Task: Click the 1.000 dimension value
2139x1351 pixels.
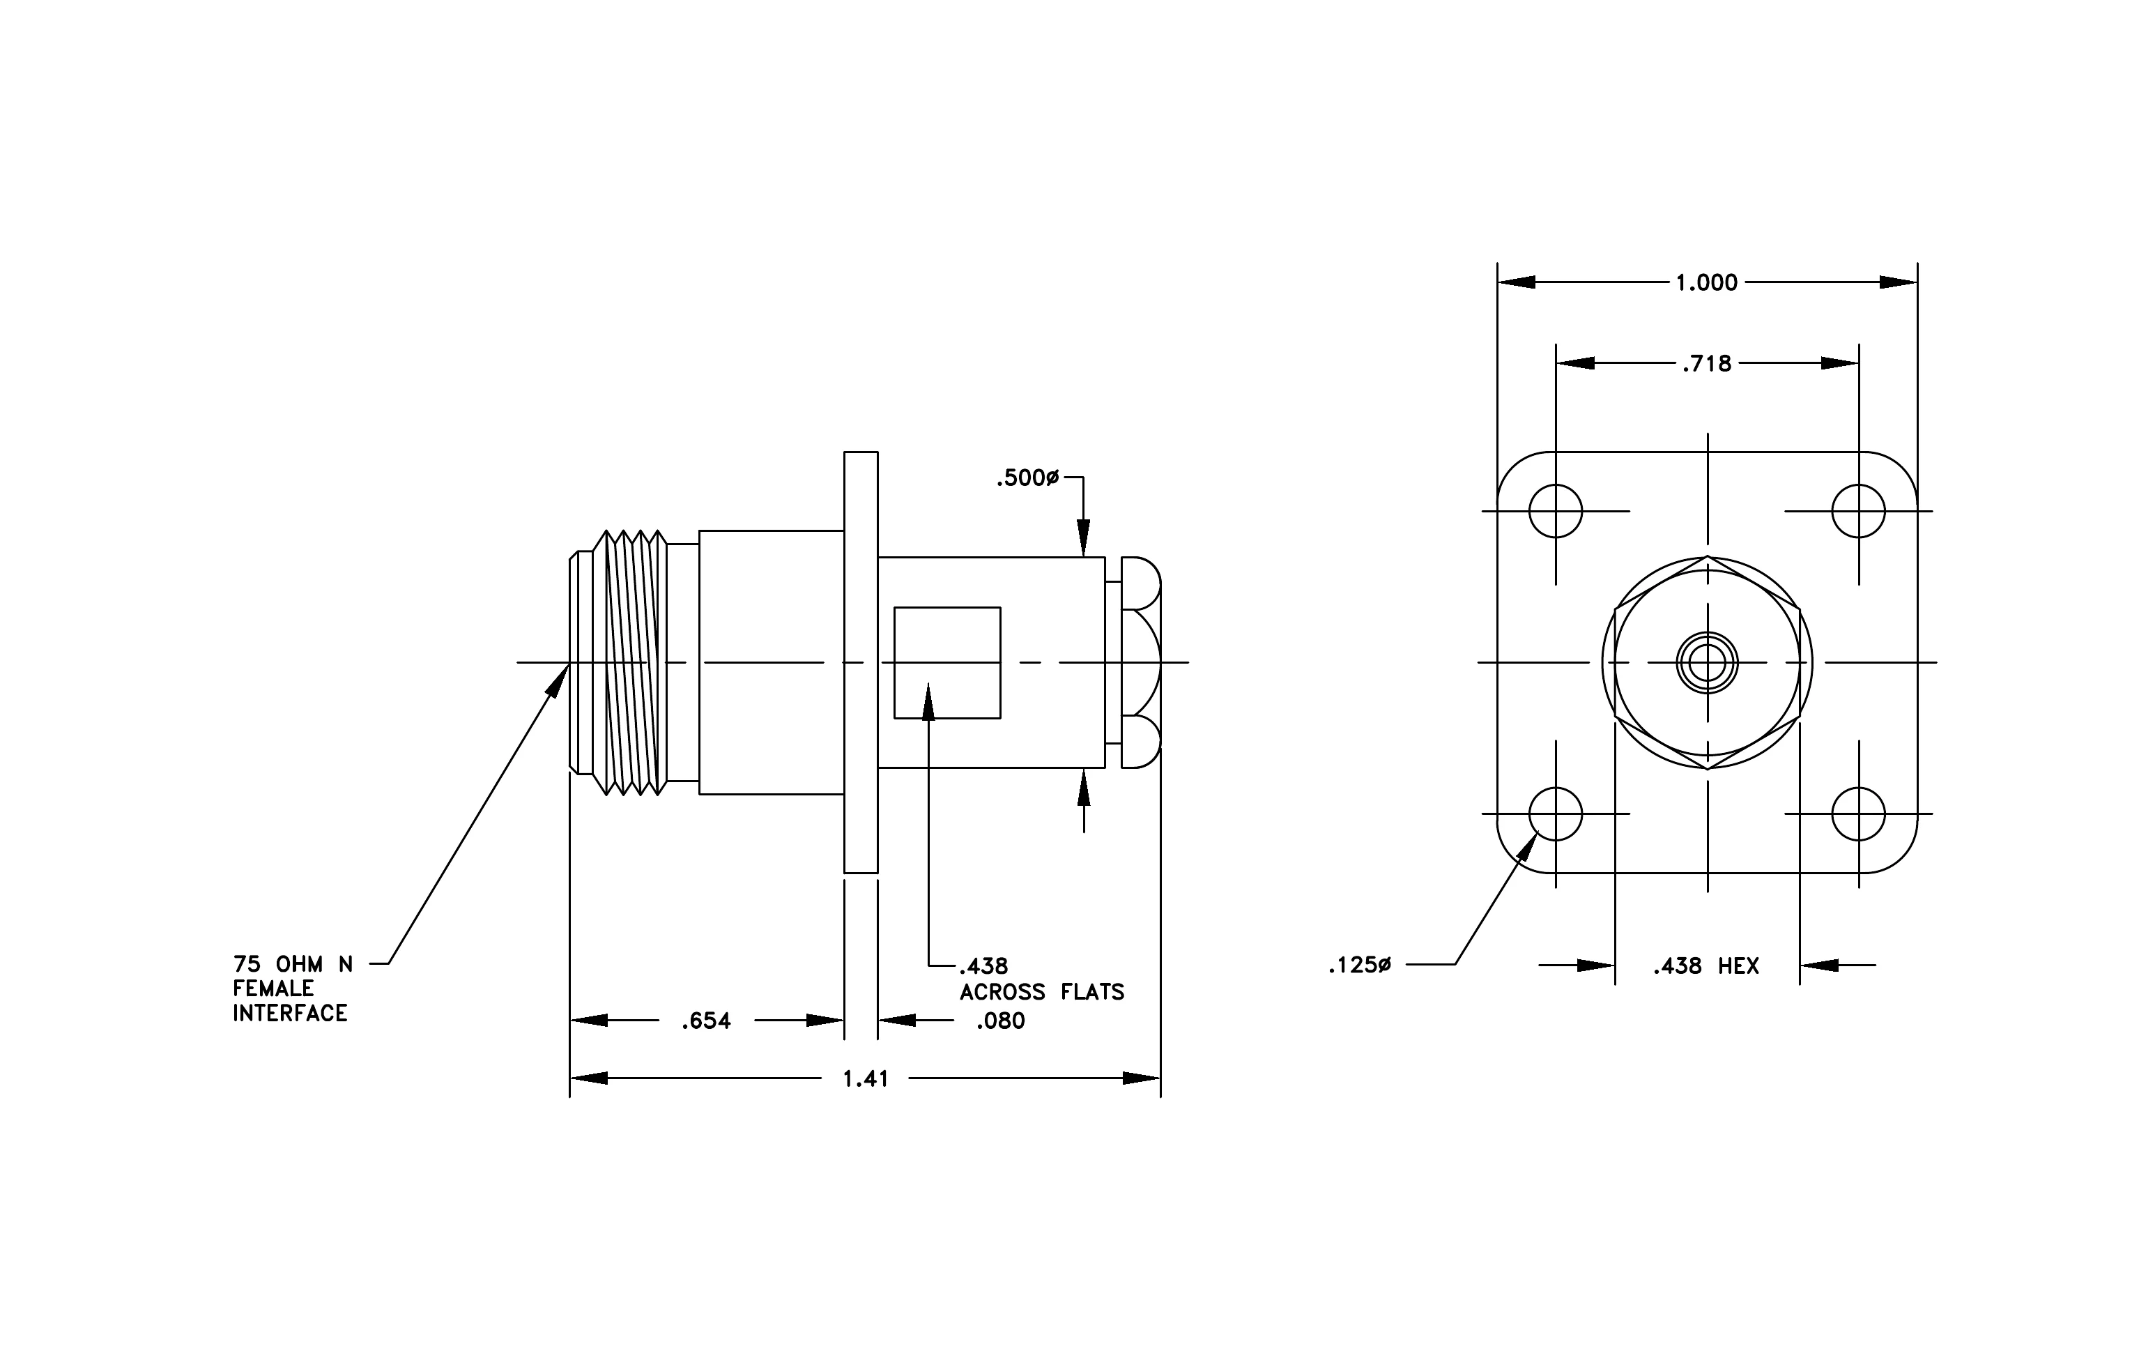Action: click(x=1706, y=282)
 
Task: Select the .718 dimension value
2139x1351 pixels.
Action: click(x=1706, y=363)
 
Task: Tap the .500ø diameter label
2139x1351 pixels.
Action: click(x=1028, y=478)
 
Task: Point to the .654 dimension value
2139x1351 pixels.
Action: click(x=706, y=1021)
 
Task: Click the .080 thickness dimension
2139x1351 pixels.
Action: click(x=1000, y=1021)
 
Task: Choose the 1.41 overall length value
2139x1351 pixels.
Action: click(x=865, y=1078)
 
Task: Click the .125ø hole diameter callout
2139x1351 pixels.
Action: click(x=1360, y=965)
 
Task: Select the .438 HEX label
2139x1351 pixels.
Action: click(x=1705, y=966)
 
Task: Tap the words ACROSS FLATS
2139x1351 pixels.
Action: click(x=1042, y=992)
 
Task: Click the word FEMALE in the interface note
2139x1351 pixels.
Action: click(x=274, y=989)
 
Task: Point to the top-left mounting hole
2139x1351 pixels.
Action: click(x=1556, y=511)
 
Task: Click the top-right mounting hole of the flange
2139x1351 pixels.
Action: click(x=1858, y=511)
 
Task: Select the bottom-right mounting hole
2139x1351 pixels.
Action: click(x=1858, y=814)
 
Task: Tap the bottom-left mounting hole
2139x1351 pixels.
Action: click(x=1556, y=814)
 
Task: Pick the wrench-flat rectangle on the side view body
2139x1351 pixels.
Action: click(x=947, y=663)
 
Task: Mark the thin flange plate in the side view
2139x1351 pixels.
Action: click(x=861, y=663)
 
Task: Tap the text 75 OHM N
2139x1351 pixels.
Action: click(x=293, y=965)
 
